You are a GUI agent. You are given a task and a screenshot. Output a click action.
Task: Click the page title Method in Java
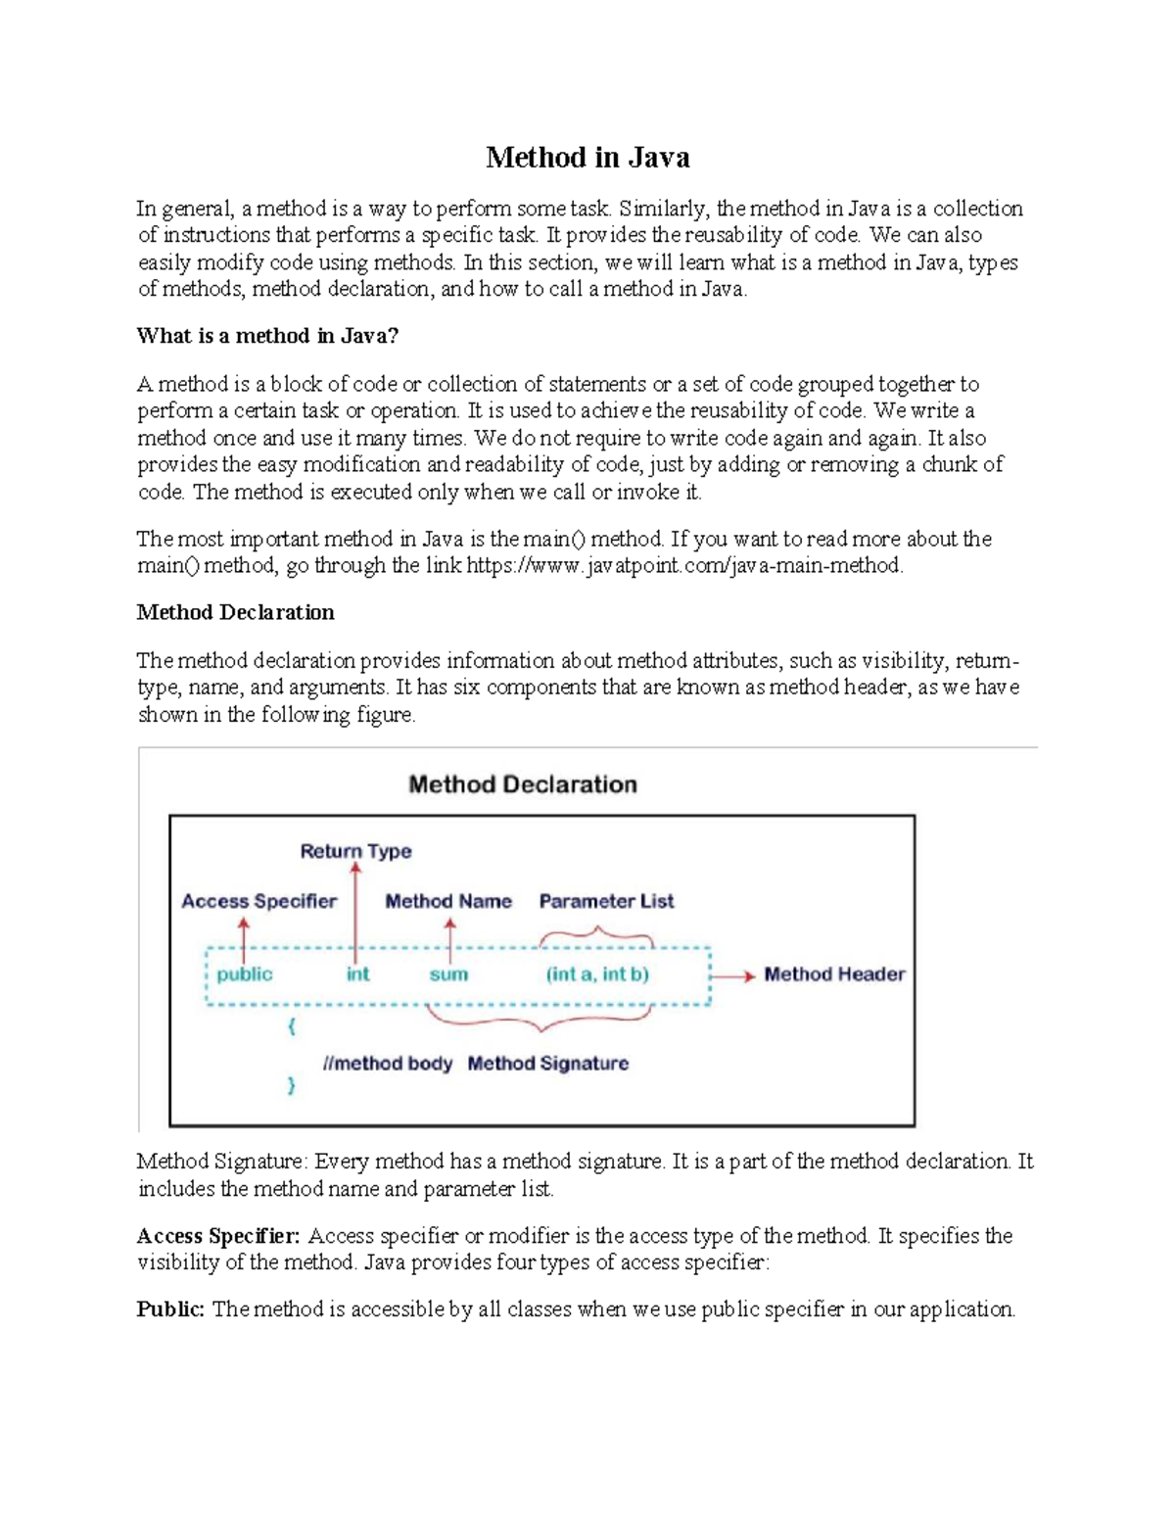[587, 158]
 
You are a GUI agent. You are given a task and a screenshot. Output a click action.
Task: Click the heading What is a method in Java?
[267, 336]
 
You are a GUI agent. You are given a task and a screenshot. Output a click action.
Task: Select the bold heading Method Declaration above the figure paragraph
[235, 612]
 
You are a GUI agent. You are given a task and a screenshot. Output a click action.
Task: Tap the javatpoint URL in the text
[683, 566]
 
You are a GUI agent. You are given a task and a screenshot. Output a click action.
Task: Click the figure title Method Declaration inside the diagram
[522, 784]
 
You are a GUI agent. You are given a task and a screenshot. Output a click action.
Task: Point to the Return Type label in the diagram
[355, 851]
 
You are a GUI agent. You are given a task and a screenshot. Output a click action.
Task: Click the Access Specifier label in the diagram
[258, 901]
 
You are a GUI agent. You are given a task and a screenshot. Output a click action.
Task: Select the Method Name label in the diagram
[447, 901]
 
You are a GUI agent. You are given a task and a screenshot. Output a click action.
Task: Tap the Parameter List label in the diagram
[606, 901]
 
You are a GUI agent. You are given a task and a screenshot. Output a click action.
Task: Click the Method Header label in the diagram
[834, 974]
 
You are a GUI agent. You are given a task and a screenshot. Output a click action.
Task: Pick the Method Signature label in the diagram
[547, 1064]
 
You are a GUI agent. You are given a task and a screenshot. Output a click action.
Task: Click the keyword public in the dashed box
[245, 974]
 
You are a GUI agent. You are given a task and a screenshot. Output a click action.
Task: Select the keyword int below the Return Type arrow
[357, 974]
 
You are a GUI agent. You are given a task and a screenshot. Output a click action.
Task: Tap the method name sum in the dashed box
[448, 974]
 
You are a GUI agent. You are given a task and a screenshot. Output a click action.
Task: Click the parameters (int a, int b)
[597, 974]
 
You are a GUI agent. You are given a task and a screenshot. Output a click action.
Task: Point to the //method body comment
[388, 1064]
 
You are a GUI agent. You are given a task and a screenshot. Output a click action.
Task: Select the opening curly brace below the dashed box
[291, 1026]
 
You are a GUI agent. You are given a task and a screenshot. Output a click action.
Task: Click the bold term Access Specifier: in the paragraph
[218, 1236]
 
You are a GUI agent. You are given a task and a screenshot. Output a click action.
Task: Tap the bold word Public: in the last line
[170, 1309]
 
